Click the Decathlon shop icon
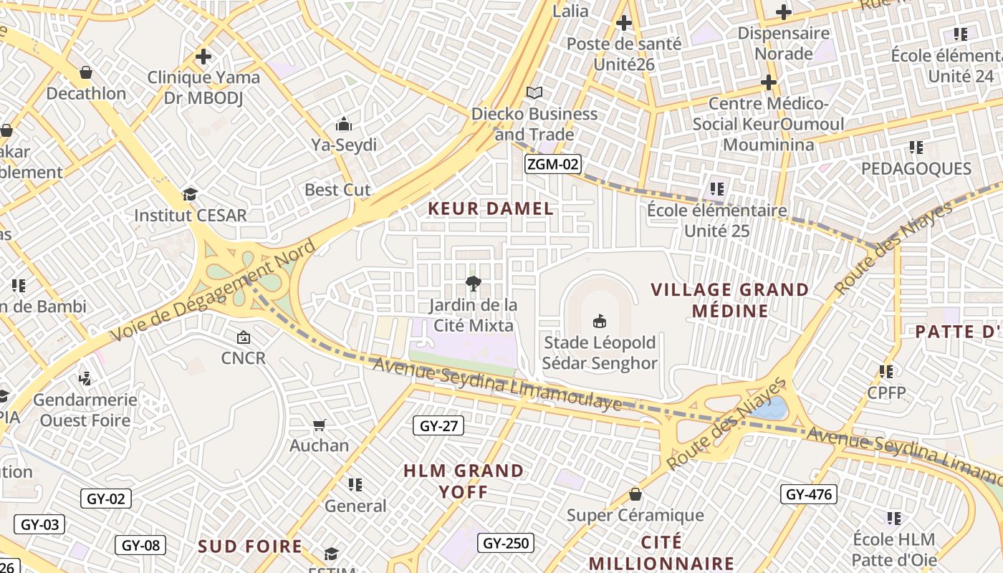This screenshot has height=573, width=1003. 85,72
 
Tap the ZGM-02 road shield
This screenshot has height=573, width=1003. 552,164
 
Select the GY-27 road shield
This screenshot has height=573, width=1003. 438,426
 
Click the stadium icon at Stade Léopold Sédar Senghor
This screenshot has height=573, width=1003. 600,321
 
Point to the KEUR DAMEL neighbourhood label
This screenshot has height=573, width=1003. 491,209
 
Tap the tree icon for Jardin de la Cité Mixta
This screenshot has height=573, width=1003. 473,283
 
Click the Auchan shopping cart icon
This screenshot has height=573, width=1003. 320,425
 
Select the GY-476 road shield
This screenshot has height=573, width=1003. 808,494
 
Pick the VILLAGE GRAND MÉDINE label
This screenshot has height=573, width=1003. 729,300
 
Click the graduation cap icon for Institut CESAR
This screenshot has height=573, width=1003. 190,194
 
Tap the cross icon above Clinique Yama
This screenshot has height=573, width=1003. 203,56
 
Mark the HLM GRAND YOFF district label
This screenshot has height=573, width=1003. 464,481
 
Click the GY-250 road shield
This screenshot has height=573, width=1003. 506,543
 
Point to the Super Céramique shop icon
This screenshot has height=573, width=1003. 635,494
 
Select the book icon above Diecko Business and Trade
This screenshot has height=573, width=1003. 534,92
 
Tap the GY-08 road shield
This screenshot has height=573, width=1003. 140,545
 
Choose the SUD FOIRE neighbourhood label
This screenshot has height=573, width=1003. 250,546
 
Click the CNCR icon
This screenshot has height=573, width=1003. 244,337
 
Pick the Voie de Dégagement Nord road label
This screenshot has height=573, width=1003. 213,292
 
